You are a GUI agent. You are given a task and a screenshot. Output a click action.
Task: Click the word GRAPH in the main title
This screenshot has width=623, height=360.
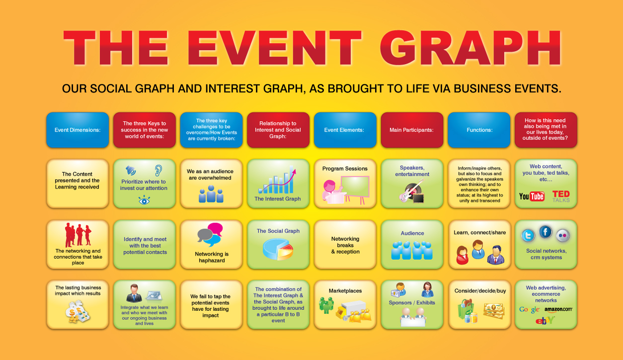pyautogui.click(x=470, y=48)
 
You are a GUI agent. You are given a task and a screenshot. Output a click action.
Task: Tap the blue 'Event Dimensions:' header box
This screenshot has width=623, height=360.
pyautogui.click(x=78, y=130)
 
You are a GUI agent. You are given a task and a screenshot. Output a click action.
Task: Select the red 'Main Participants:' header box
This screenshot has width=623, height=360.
pyautogui.click(x=412, y=130)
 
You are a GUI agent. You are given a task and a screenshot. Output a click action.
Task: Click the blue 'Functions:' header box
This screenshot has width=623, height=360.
pyautogui.click(x=479, y=130)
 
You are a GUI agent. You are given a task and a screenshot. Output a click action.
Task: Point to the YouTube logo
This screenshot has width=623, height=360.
pyautogui.click(x=532, y=196)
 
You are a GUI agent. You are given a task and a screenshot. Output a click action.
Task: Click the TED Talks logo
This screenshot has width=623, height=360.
pyautogui.click(x=561, y=196)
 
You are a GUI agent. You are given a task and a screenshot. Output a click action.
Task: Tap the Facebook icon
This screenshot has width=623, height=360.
pyautogui.click(x=545, y=232)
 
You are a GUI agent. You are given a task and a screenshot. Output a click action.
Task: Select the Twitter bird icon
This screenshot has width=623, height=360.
pyautogui.click(x=528, y=236)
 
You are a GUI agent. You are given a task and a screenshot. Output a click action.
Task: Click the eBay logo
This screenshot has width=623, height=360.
pyautogui.click(x=545, y=321)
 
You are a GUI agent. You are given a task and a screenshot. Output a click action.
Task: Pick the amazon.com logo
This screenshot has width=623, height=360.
pyautogui.click(x=558, y=309)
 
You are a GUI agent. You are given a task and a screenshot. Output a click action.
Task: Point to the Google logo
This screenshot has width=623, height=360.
pyautogui.click(x=529, y=310)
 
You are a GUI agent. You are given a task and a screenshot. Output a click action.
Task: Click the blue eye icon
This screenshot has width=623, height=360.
pyautogui.click(x=144, y=200)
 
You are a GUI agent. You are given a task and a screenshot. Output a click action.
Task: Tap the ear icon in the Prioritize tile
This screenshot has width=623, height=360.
pyautogui.click(x=158, y=170)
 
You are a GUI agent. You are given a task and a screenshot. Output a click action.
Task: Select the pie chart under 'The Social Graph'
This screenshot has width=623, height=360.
pyautogui.click(x=278, y=249)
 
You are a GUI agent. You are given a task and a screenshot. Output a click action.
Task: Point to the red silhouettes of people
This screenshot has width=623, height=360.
pyautogui.click(x=78, y=235)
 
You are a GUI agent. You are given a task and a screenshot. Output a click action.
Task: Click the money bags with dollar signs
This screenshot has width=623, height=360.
pyautogui.click(x=78, y=312)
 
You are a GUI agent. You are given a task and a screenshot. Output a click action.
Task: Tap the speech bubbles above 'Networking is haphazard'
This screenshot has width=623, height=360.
pyautogui.click(x=211, y=235)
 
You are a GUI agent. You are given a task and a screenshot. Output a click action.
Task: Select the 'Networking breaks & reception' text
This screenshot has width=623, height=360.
pyautogui.click(x=345, y=245)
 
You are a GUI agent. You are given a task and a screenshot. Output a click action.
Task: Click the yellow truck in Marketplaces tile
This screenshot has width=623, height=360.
pyautogui.click(x=350, y=309)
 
